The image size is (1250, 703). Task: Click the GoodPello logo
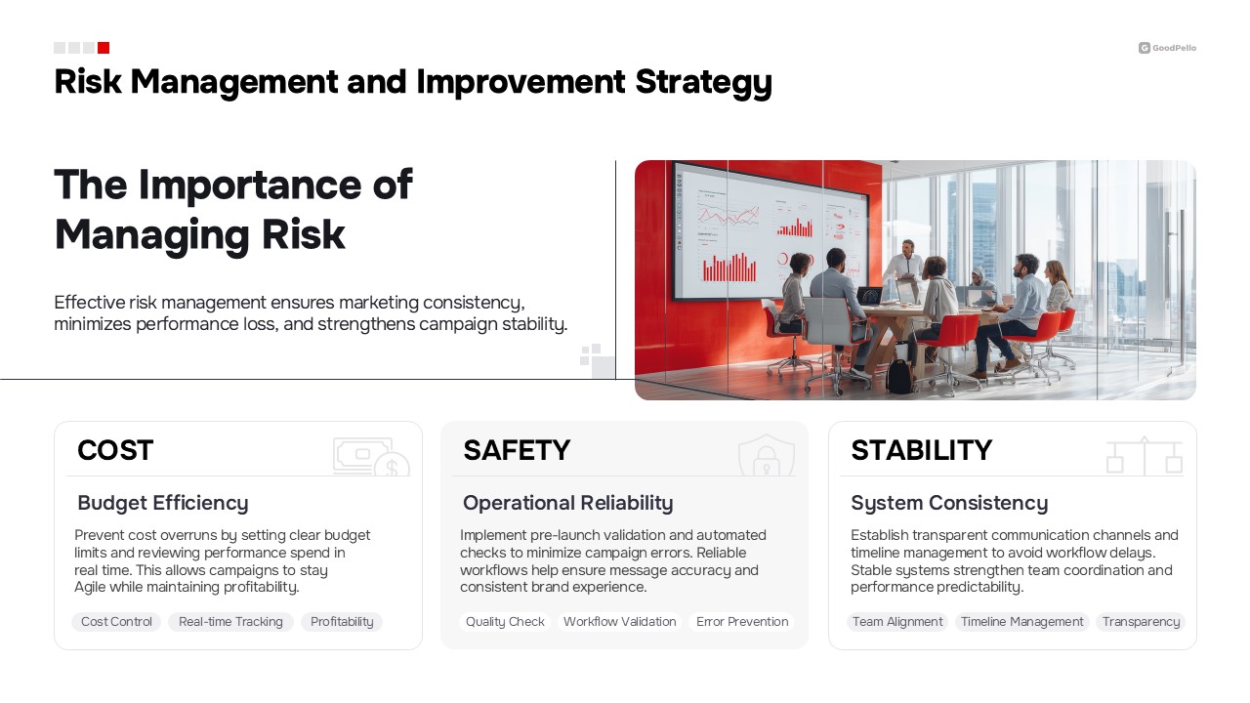[x=1167, y=48]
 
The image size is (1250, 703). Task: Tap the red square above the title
[x=104, y=48]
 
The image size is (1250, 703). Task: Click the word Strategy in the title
[x=704, y=83]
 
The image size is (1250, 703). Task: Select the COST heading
[x=115, y=450]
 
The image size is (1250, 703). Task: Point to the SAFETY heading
[x=517, y=450]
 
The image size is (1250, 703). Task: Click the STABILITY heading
[x=921, y=450]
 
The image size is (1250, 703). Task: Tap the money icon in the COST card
[x=371, y=456]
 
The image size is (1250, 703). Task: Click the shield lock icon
[x=767, y=455]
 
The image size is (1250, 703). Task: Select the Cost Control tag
[x=116, y=622]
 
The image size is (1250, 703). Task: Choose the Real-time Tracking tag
[x=230, y=622]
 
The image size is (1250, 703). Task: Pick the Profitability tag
[x=342, y=622]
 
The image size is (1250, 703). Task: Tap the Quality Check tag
[x=505, y=622]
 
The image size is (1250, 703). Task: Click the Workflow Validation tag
[x=619, y=622]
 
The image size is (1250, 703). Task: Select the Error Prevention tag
[x=742, y=622]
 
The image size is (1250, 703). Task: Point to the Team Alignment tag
[x=897, y=622]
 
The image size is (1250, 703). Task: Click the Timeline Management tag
[x=1021, y=622]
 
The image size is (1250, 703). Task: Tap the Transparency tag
[x=1141, y=622]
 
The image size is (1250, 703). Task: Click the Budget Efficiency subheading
[x=163, y=503]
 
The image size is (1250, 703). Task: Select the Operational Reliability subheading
[x=568, y=503]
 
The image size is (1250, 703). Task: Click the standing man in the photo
[x=905, y=269]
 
